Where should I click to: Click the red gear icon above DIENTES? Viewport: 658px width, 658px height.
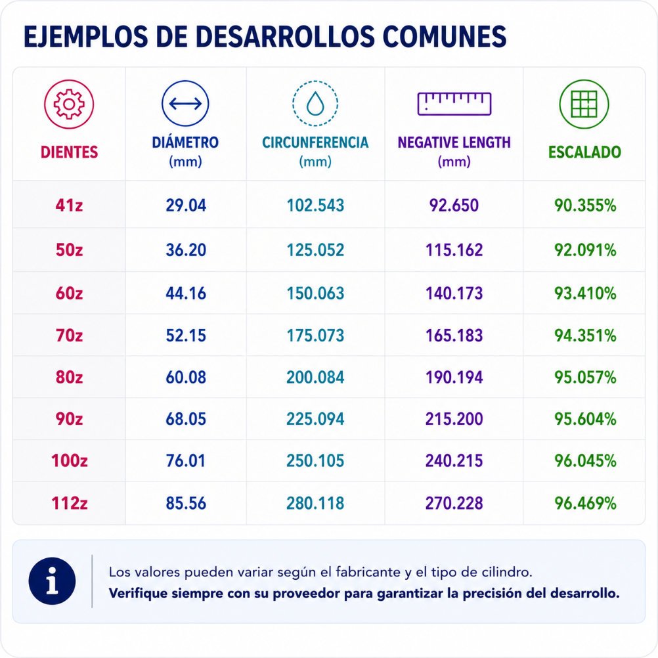[69, 104]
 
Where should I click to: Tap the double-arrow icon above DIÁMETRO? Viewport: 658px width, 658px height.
[185, 103]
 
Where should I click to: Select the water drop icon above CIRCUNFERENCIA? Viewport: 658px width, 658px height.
[315, 103]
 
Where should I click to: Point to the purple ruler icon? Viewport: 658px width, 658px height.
[454, 103]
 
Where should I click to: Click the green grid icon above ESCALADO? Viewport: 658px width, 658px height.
[584, 104]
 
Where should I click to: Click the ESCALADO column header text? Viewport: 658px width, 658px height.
[584, 152]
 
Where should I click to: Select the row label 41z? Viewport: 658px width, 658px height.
[69, 205]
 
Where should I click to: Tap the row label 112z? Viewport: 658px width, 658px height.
[69, 503]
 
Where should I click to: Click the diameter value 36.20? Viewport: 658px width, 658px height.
[186, 250]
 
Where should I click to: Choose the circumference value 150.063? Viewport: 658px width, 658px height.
[315, 294]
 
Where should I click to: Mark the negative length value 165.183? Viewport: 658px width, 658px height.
[454, 336]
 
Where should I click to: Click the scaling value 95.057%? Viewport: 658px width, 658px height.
[585, 377]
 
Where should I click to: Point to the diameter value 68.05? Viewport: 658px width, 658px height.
[186, 419]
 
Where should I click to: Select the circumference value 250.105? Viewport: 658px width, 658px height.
[315, 461]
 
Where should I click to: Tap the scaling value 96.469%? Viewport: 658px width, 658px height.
[585, 503]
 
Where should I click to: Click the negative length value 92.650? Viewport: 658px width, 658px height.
[454, 205]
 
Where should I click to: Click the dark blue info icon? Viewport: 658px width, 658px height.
[52, 581]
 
